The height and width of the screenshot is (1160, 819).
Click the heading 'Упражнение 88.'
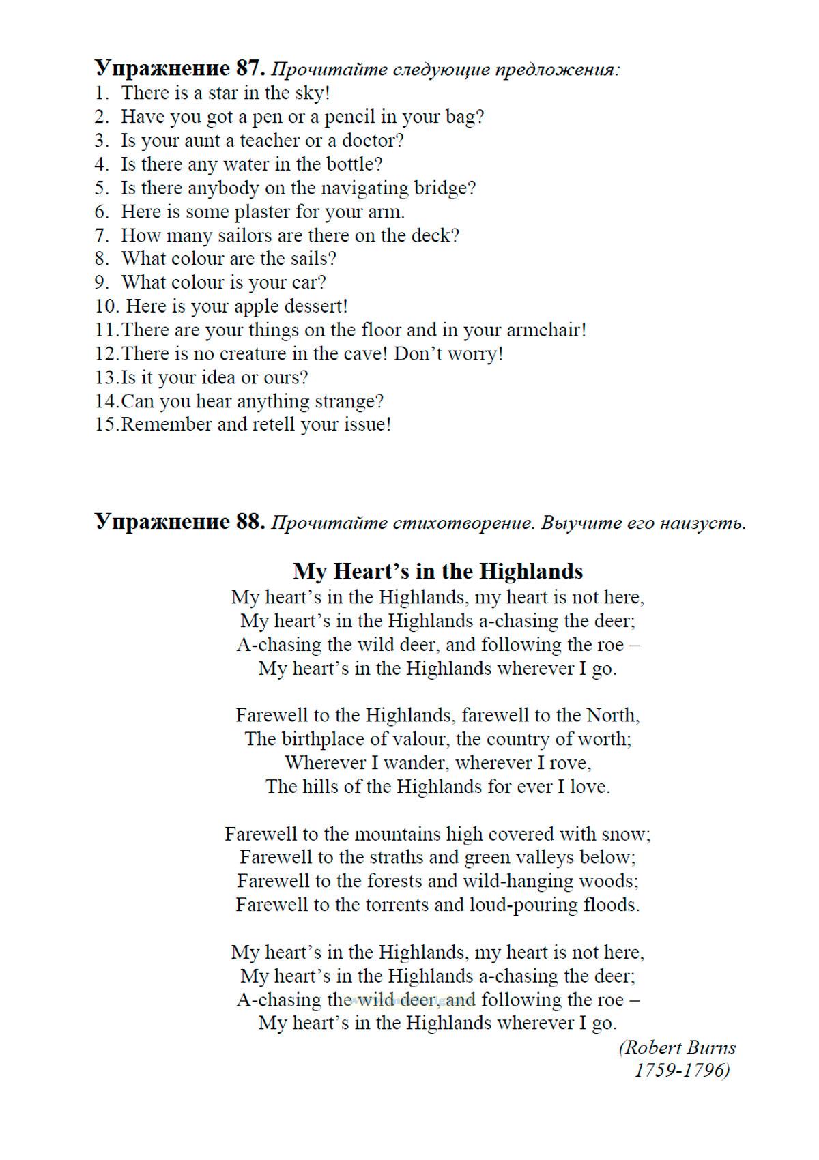point(179,522)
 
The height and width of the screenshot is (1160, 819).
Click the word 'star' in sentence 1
point(223,93)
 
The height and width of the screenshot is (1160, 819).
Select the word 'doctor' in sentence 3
point(369,141)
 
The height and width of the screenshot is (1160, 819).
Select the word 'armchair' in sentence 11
point(543,330)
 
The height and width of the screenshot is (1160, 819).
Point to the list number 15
point(106,424)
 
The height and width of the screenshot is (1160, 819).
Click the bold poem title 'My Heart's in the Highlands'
point(437,570)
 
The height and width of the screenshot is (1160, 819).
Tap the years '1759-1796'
point(679,1070)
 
